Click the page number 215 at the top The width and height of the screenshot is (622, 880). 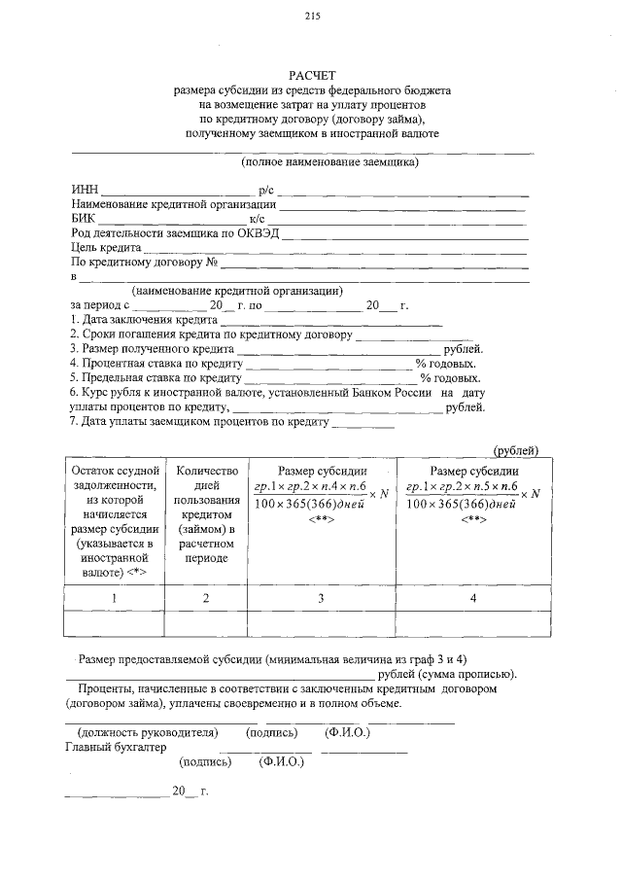(x=312, y=16)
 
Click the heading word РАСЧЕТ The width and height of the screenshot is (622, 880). (x=312, y=75)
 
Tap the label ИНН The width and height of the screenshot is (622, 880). (x=85, y=190)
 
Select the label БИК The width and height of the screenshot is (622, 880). (x=85, y=219)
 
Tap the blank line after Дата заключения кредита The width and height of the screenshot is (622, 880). (x=331, y=320)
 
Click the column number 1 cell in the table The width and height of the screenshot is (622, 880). (x=114, y=598)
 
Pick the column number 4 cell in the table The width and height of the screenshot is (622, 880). (x=473, y=598)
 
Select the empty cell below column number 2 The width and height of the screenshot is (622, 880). (x=206, y=623)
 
